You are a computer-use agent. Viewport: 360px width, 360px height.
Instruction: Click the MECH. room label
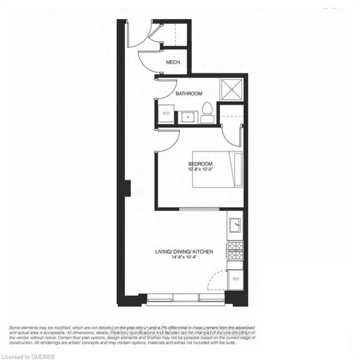[x=173, y=62]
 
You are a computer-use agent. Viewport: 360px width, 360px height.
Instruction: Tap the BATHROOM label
[x=189, y=94]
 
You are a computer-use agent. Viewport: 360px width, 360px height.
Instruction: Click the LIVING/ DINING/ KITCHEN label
[x=184, y=252]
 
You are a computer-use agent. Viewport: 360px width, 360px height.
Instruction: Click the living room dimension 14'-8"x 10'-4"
[x=184, y=257]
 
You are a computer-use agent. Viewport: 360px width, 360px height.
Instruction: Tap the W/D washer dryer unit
[x=166, y=114]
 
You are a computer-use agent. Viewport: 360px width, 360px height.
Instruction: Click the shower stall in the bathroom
[x=232, y=89]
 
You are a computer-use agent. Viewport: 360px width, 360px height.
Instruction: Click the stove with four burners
[x=235, y=250]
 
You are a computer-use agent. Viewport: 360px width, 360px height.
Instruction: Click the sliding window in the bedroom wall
[x=199, y=209]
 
